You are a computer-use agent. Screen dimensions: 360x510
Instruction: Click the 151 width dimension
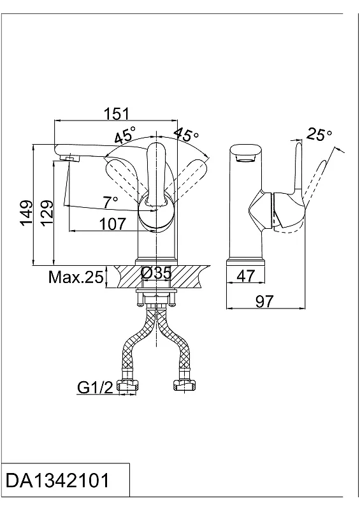point(117,114)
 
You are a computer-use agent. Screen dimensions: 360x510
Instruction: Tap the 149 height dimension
point(26,212)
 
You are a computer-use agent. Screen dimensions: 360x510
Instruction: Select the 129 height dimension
point(47,212)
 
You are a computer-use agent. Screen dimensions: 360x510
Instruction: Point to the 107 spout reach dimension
point(112,224)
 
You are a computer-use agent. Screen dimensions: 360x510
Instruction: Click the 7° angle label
point(110,202)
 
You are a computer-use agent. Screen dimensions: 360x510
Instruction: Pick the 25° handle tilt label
point(319,134)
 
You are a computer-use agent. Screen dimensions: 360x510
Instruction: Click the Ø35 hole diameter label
point(156,273)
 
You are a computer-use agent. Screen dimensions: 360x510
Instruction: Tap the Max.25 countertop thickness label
point(76,277)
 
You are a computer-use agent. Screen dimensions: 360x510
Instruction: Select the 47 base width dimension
point(246,276)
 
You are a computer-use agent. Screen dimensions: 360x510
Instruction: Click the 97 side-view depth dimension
point(264,301)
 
